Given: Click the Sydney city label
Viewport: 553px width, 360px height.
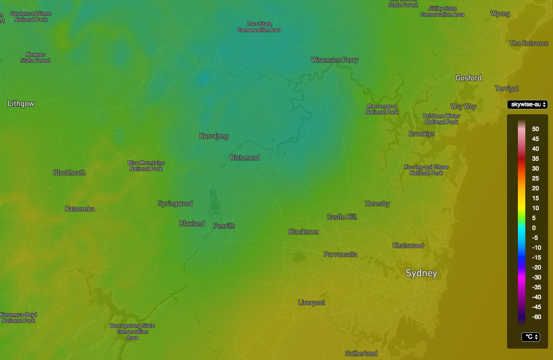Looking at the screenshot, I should coord(421,273).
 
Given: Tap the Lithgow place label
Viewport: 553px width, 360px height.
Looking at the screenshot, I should coord(21,104).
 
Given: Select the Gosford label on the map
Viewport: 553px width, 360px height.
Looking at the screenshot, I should coord(468,78).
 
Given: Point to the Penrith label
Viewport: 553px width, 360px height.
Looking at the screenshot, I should coord(224,226).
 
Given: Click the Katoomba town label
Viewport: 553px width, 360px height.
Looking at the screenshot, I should coord(80,209).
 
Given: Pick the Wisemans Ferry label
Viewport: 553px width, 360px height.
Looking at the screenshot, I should coord(334,60).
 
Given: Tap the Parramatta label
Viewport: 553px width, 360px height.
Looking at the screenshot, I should coord(340,255).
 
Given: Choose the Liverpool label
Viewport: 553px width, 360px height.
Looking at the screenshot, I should coord(312,303).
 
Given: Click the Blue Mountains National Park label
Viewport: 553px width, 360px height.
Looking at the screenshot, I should coord(146,166).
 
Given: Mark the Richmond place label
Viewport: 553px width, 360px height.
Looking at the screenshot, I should coord(245,158).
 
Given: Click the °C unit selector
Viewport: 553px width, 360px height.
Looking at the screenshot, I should coord(530,337).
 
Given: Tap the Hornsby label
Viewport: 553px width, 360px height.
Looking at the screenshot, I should coord(377,204).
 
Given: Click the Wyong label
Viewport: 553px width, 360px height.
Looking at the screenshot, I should coord(500,14).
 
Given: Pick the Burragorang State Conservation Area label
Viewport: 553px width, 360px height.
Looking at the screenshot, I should coord(132,332).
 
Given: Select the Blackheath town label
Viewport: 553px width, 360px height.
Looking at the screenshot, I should coord(69,173).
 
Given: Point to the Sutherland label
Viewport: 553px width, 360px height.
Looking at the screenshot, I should coord(361,354).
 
